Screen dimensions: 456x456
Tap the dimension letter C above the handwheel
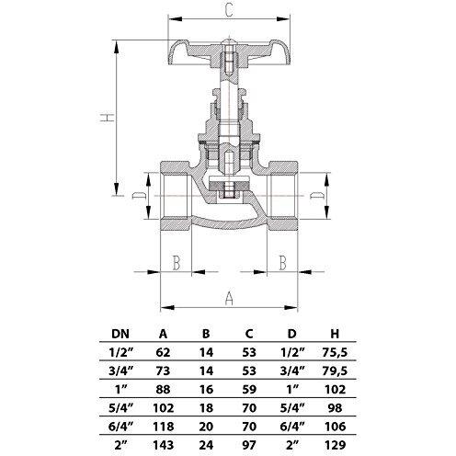pos(228,12)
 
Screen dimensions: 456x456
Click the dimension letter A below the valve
pos(229,298)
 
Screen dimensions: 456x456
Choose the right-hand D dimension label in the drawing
pos(315,197)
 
